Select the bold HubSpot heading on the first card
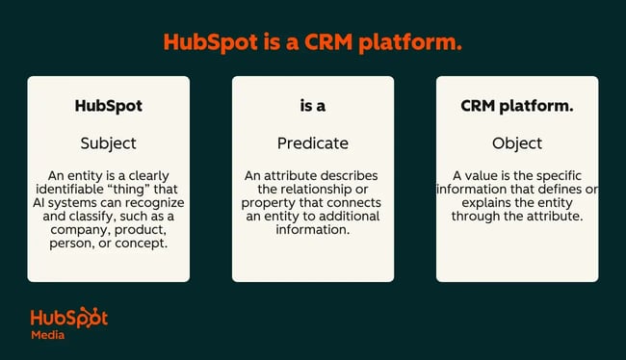point(108,106)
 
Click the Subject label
point(108,143)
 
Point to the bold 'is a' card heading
point(312,106)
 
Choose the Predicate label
point(312,143)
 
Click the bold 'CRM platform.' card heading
point(517,106)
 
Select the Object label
point(517,143)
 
